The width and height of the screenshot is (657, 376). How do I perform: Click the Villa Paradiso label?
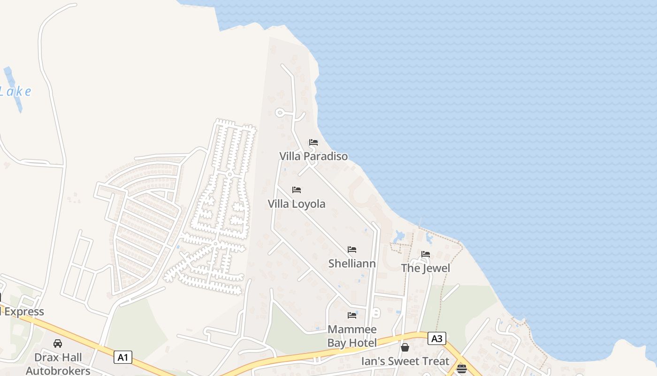click(x=313, y=156)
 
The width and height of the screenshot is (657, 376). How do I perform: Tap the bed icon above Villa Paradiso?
click(x=313, y=142)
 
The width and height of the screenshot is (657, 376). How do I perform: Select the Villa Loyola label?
click(x=297, y=204)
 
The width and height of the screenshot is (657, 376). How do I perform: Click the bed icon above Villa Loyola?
click(x=297, y=190)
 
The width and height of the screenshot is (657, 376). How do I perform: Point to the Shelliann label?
click(x=352, y=263)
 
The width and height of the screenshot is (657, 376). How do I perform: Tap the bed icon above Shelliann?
click(x=352, y=250)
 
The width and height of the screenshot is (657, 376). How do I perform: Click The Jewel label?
click(x=425, y=268)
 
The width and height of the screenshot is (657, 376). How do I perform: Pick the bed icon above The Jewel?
click(x=426, y=254)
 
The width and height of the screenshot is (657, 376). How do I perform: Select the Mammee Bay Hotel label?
click(x=352, y=336)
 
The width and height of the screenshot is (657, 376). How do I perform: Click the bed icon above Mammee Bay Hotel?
click(x=352, y=315)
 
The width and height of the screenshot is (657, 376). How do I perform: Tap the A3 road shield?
click(x=436, y=338)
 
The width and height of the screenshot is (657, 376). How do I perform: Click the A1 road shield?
click(x=123, y=357)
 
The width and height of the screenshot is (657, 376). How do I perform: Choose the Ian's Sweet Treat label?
click(x=405, y=361)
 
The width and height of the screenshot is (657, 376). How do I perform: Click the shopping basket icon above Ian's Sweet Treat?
click(x=405, y=347)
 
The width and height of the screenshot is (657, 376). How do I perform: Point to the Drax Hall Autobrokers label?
click(x=58, y=364)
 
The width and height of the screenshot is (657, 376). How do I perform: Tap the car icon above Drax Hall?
click(x=58, y=344)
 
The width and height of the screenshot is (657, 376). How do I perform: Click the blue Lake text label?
click(x=16, y=91)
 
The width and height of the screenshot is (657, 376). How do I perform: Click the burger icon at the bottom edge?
click(x=462, y=368)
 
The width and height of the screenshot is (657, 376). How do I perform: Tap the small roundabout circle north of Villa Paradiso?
click(x=280, y=113)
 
